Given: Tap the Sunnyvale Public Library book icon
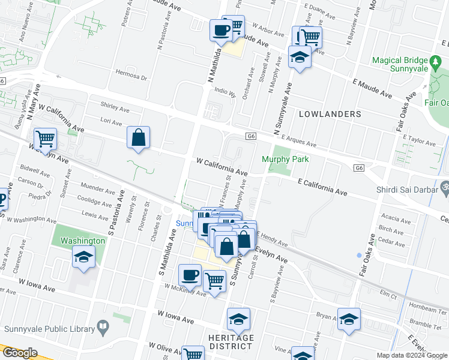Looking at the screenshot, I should tap(103, 328).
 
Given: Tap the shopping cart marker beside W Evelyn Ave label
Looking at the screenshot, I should tap(45, 139).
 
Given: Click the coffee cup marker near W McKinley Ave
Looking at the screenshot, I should tap(190, 275).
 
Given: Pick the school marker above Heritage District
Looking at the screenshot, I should tap(238, 319).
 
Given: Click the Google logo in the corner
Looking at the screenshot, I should tap(20, 353).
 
